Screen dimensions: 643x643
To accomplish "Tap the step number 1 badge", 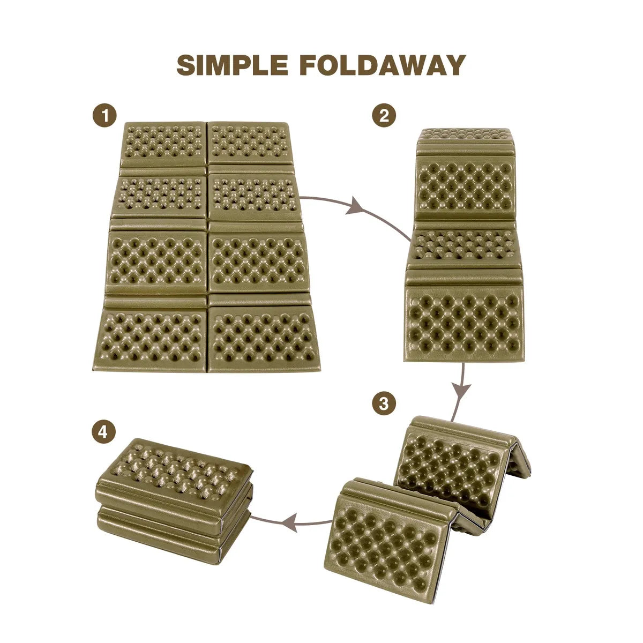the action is tap(105, 115).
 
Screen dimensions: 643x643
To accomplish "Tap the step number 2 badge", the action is tap(384, 115).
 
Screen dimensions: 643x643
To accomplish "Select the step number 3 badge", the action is tap(384, 403).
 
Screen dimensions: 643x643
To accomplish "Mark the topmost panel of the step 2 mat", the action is tap(465, 134).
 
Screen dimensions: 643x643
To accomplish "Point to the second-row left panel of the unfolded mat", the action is tap(160, 196).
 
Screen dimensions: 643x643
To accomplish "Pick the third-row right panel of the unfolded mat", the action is tap(258, 261).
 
